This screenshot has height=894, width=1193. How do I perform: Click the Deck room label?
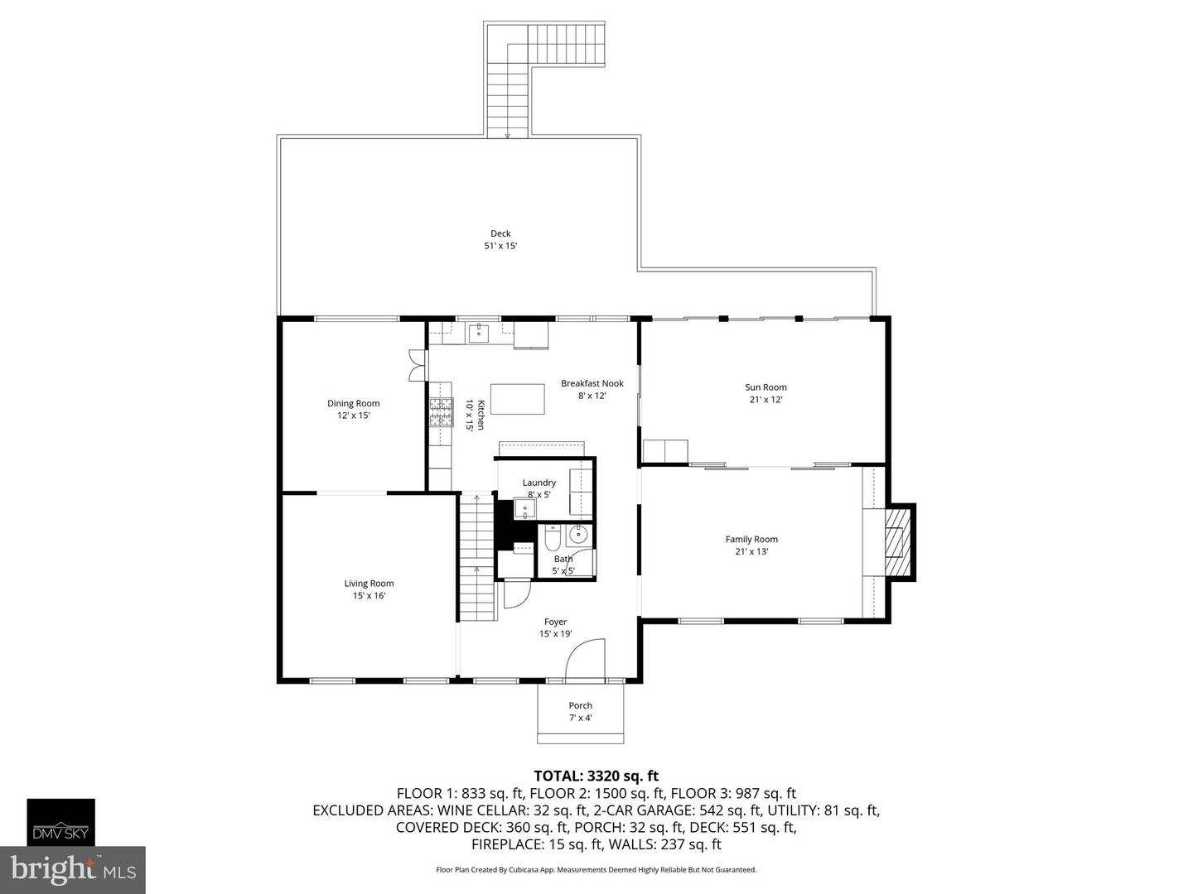pyautogui.click(x=500, y=233)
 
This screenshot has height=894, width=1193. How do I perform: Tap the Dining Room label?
pyautogui.click(x=353, y=404)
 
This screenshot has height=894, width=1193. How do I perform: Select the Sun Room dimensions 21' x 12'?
pyautogui.click(x=766, y=400)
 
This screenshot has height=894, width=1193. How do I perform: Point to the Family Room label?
pyautogui.click(x=751, y=540)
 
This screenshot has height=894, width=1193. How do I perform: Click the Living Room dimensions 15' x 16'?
pyautogui.click(x=369, y=595)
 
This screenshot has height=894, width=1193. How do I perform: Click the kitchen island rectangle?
pyautogui.click(x=518, y=399)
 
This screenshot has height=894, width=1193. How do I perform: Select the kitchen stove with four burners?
pyautogui.click(x=441, y=411)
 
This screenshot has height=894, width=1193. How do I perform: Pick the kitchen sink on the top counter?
pyautogui.click(x=479, y=334)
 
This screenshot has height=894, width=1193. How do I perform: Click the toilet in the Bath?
pyautogui.click(x=553, y=540)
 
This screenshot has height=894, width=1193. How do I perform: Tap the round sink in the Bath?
pyautogui.click(x=580, y=535)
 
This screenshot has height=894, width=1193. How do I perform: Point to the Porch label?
pyautogui.click(x=580, y=706)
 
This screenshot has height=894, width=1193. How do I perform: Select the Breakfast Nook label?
pyautogui.click(x=592, y=383)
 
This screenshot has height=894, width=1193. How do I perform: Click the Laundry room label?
pyautogui.click(x=539, y=483)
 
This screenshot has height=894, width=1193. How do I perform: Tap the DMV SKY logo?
pyautogui.click(x=61, y=822)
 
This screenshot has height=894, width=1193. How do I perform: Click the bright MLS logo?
pyautogui.click(x=73, y=869)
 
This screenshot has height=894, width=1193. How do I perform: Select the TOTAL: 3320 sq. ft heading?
pyautogui.click(x=596, y=776)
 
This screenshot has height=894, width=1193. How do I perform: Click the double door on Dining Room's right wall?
pyautogui.click(x=415, y=365)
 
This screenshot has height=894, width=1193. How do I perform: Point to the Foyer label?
pyautogui.click(x=555, y=622)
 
